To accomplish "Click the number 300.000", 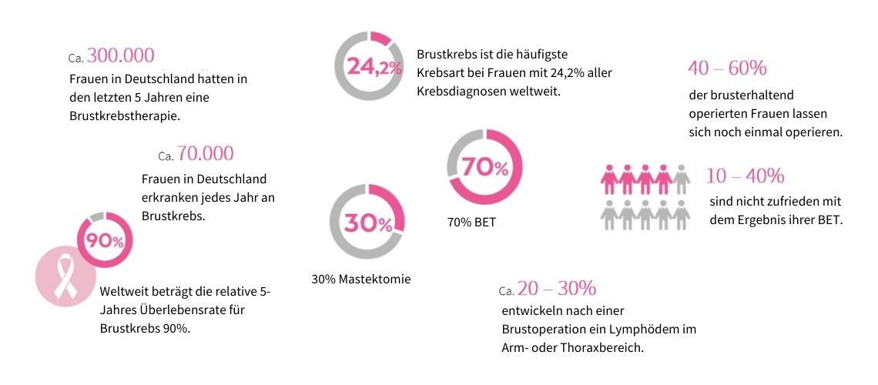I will click(x=121, y=55).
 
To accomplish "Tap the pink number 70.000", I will click(x=205, y=153).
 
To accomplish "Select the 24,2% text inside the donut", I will click(x=374, y=67).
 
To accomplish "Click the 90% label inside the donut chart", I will click(x=105, y=240).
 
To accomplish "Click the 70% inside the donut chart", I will click(x=485, y=168).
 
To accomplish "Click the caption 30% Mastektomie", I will click(x=361, y=280).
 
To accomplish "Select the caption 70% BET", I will click(x=472, y=223).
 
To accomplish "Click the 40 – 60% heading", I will click(x=727, y=69).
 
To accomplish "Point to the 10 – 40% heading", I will click(x=745, y=176).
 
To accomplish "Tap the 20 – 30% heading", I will click(x=556, y=289).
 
